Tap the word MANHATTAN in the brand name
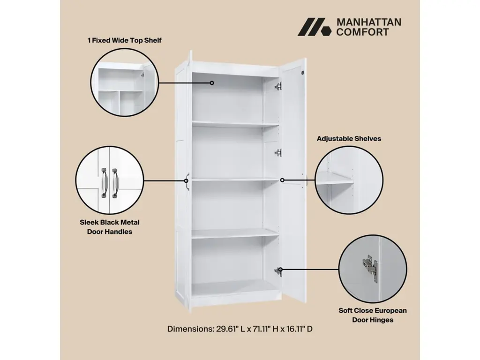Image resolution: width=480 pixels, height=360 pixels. tap(369, 22)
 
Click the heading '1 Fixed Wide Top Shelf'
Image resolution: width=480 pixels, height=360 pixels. tap(124, 40)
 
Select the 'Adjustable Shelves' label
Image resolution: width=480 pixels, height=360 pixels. tap(349, 139)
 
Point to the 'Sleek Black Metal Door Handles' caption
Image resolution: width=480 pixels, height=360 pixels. tap(110, 227)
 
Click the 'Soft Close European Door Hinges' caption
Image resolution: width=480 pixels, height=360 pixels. tap(373, 315)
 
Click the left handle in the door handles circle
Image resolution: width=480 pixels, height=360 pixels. tap(104, 182)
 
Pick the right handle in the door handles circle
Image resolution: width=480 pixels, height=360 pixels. tap(115, 183)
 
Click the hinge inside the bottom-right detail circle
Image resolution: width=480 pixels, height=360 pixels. tap(370, 268)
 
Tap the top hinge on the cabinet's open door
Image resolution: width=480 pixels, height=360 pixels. tap(278, 86)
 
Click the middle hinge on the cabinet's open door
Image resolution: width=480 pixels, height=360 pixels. tap(278, 152)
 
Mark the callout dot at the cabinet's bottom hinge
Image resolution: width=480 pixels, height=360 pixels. tap(280, 270)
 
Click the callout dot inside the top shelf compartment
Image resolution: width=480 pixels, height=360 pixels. tap(212, 83)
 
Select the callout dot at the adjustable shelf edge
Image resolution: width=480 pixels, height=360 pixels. tap(282, 180)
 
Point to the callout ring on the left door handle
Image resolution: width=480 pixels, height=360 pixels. tap(186, 180)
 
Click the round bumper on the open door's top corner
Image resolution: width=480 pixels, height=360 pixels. tap(303, 73)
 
